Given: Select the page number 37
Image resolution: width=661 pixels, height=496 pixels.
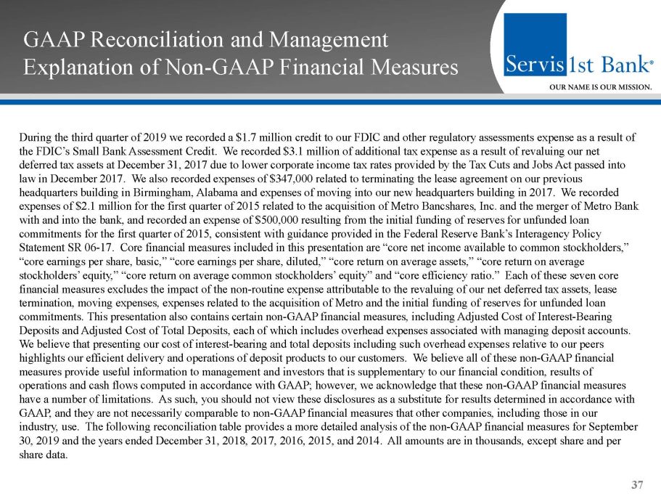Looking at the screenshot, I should [x=637, y=484].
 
